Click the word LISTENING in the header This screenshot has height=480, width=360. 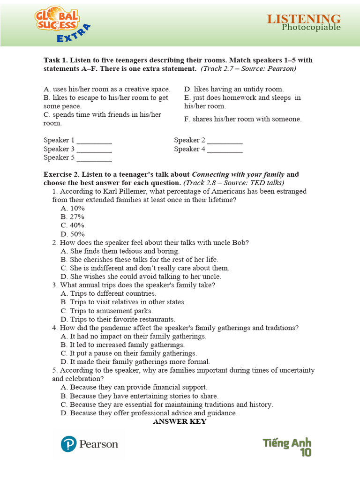coord(304,19)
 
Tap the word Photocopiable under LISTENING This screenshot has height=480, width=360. coord(311,27)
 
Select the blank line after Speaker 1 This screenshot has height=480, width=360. coord(94,141)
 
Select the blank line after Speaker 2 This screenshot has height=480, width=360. coord(225,141)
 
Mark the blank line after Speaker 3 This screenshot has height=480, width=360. coord(94,150)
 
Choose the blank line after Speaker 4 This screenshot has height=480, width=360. coord(225,150)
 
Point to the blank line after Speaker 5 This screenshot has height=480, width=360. coord(94,158)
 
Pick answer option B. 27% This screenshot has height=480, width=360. coord(72,217)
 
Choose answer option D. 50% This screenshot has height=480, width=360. coord(72,234)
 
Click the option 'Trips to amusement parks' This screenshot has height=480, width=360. coord(111,311)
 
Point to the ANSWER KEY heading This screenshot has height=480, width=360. coord(180,421)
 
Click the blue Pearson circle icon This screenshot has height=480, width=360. coord(69,443)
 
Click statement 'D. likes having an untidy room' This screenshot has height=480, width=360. coord(234,89)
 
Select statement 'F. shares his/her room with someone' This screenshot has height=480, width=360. coord(243,119)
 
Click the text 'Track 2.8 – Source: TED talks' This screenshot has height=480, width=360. coord(234,183)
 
